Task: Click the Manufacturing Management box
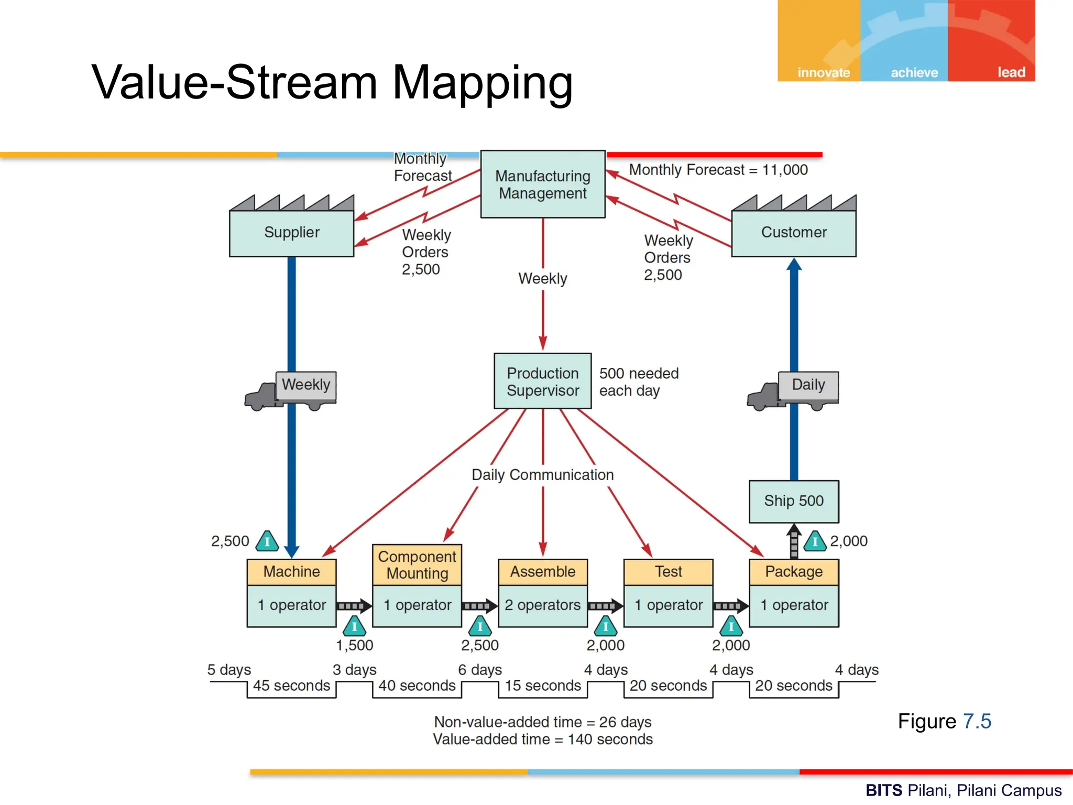point(543,184)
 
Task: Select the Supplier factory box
point(291,232)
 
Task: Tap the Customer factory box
point(794,232)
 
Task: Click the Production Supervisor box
point(543,382)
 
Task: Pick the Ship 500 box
point(794,501)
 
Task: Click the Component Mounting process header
point(417,565)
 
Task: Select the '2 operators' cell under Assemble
point(543,605)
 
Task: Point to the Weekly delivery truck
point(291,390)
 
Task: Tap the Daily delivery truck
point(793,390)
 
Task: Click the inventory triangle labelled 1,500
point(355,626)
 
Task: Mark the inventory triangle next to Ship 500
point(815,541)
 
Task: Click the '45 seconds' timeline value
point(291,686)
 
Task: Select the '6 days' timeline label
point(480,670)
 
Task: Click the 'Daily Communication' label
point(543,475)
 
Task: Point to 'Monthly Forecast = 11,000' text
point(718,170)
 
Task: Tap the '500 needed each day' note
point(639,382)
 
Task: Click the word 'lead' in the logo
point(1011,72)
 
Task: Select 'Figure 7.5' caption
point(944,721)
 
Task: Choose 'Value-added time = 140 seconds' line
point(543,739)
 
